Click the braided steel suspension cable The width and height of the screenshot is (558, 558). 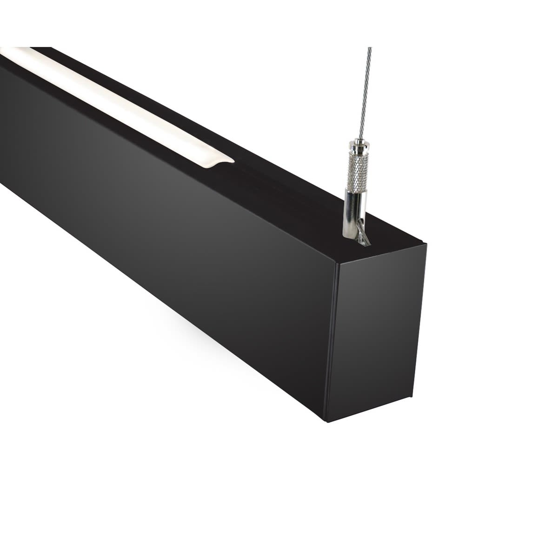(x=365, y=93)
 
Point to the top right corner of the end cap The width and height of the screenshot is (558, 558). (x=425, y=244)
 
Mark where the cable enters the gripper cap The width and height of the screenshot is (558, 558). (x=360, y=139)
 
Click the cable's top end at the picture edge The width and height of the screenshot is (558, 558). (x=370, y=48)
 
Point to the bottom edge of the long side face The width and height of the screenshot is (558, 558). (x=163, y=305)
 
